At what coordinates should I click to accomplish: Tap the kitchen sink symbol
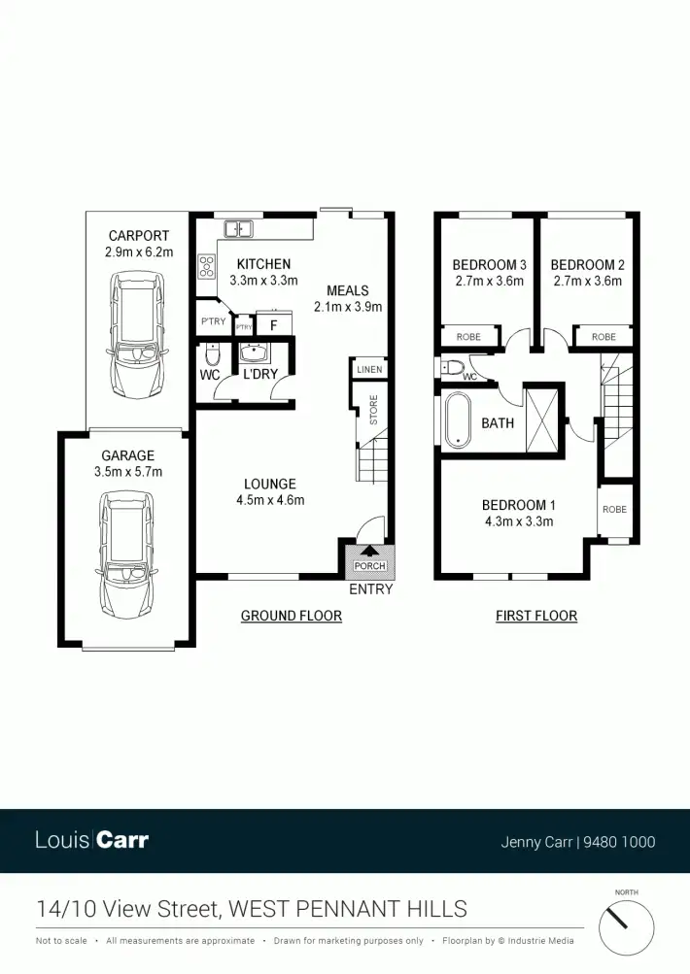tap(238, 229)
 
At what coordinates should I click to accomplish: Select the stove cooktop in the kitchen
tap(207, 266)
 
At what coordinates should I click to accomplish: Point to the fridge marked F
tap(273, 325)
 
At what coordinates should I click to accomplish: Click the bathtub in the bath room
tap(458, 420)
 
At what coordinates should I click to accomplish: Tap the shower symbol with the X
tap(543, 419)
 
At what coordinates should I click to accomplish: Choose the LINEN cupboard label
tap(369, 370)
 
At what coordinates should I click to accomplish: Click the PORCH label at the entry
tap(369, 566)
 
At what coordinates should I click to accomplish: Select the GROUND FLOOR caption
tap(291, 616)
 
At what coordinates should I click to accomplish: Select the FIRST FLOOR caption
tap(536, 616)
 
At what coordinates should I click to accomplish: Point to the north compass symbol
tap(626, 924)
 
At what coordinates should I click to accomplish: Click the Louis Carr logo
tap(92, 840)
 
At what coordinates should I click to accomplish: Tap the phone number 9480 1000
tap(619, 842)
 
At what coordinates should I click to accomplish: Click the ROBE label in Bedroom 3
tap(467, 337)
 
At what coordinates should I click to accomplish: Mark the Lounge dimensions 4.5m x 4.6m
tap(271, 501)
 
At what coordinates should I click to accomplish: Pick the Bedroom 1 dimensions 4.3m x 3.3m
tap(519, 521)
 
